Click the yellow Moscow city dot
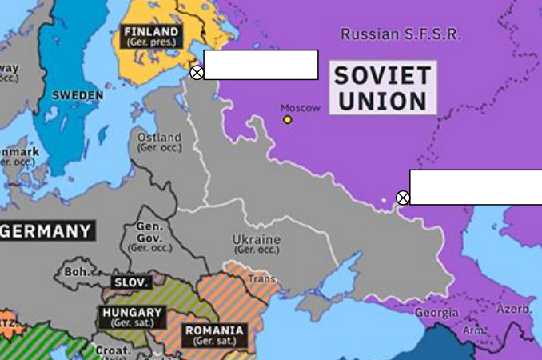click(288, 120)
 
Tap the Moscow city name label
click(301, 107)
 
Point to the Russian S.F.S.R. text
click(401, 34)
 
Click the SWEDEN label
click(78, 95)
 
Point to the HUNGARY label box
click(132, 317)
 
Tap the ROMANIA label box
click(214, 334)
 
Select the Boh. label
click(78, 272)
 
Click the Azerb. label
click(514, 309)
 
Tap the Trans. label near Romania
click(263, 279)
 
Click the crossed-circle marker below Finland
click(197, 73)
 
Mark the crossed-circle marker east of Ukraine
click(403, 198)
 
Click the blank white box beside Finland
click(261, 65)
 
